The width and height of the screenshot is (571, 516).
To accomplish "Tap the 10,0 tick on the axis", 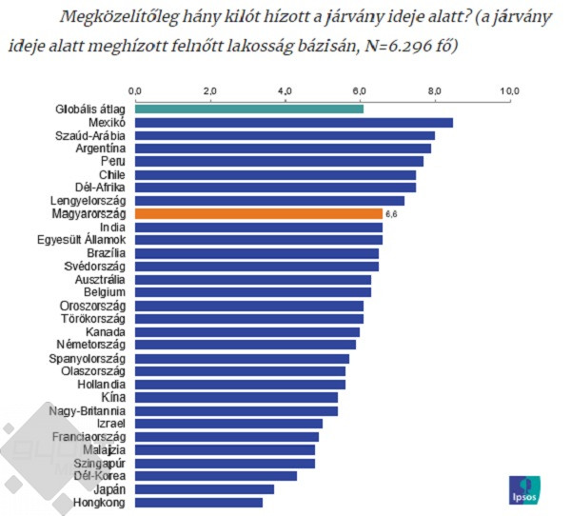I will click(x=510, y=90).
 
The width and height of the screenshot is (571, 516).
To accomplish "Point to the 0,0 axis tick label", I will click(x=135, y=90).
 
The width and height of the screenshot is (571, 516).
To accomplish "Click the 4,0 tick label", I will click(x=285, y=90).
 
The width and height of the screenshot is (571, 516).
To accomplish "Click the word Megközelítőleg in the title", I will click(x=113, y=16).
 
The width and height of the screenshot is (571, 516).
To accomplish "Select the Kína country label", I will click(x=112, y=397).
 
